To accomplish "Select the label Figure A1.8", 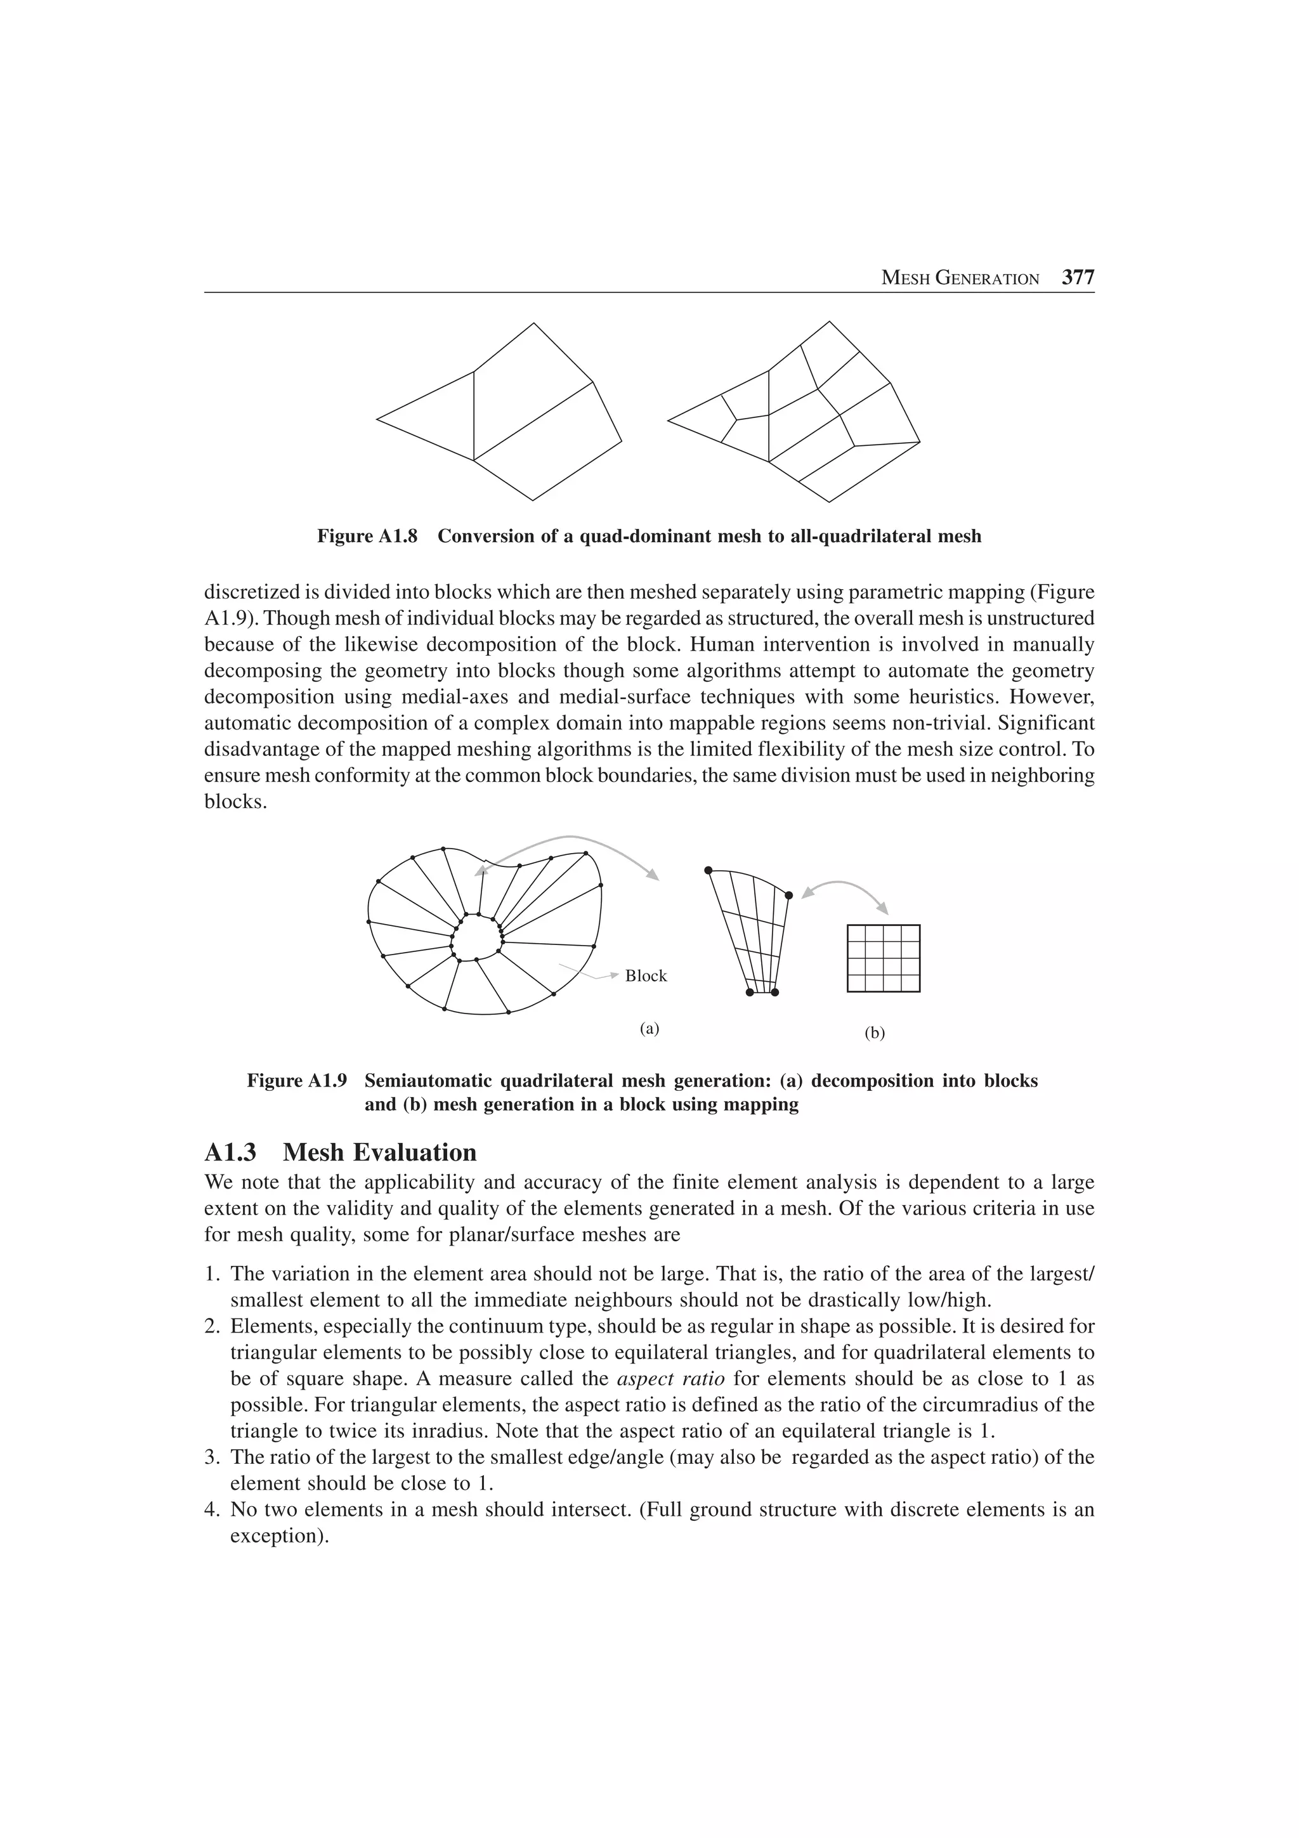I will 367,537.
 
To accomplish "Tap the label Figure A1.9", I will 297,1081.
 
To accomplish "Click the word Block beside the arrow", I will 645,976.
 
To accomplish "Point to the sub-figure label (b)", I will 875,1033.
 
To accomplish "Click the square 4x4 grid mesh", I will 883,958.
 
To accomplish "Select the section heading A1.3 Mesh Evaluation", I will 340,1153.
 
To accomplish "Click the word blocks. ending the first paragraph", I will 235,802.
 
